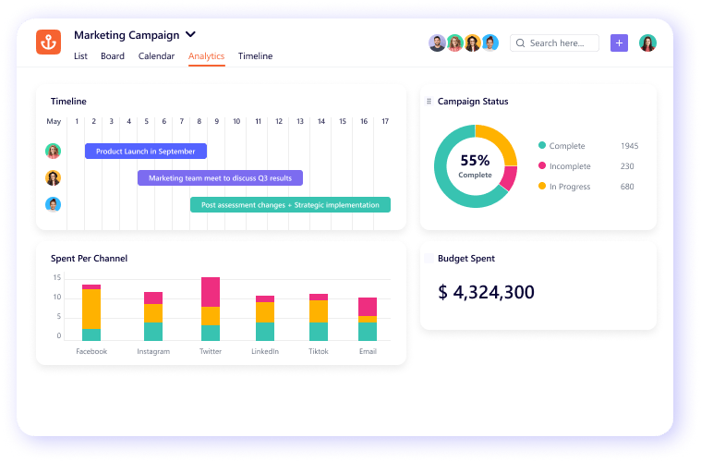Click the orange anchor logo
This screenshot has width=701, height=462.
48,43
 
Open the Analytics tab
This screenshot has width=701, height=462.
206,56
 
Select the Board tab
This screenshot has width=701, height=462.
113,56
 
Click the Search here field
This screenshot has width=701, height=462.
557,43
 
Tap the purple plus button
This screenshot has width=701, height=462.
619,43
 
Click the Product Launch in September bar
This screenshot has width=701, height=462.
146,152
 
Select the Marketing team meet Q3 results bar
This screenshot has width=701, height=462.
220,178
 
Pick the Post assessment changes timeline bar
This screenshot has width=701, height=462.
290,205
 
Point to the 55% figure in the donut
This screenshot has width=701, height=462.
475,160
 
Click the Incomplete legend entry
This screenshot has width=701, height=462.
570,166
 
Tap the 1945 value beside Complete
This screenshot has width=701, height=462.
629,146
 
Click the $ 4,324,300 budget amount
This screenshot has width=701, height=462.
486,293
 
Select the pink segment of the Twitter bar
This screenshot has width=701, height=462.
211,291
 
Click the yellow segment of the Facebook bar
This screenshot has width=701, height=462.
91,309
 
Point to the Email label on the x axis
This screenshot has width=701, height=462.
368,352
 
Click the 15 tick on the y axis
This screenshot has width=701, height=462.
56,277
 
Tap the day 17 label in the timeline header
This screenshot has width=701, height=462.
385,122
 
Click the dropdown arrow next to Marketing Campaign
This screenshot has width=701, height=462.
191,34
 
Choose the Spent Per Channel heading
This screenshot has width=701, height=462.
89,259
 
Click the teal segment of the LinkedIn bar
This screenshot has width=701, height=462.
265,332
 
